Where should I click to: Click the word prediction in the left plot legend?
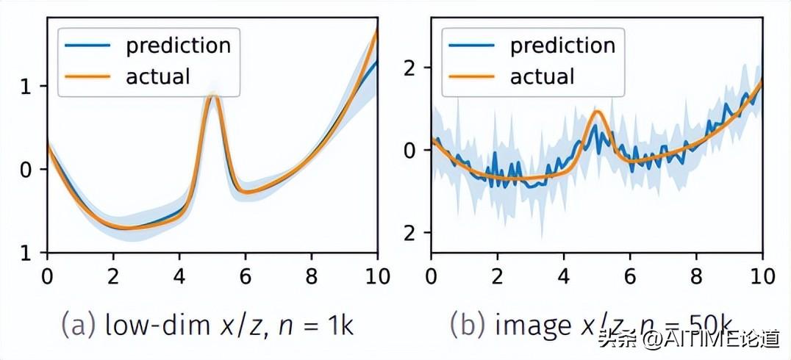click(178, 46)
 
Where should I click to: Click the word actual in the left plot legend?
click(158, 76)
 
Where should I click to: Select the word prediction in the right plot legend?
click(562, 46)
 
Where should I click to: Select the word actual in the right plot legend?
click(543, 76)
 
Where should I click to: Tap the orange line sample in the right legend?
click(472, 76)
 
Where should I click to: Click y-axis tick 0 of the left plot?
click(26, 170)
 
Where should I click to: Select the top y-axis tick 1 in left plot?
click(26, 87)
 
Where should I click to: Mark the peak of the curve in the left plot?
click(213, 96)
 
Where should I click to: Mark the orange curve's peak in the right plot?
click(598, 112)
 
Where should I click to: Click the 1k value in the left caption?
click(340, 325)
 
